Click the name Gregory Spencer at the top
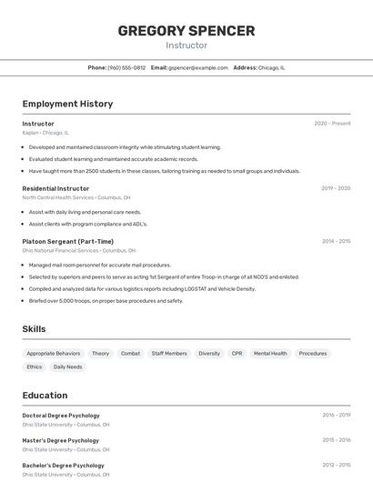click(186, 30)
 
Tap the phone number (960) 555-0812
click(126, 67)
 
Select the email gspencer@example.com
click(197, 67)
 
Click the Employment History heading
click(67, 104)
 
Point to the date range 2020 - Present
click(332, 124)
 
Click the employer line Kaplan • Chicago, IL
click(45, 133)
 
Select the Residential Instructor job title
click(55, 188)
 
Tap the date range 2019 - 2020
click(336, 188)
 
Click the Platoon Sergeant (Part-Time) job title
click(68, 241)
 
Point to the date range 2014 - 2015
click(336, 241)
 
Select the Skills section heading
click(34, 329)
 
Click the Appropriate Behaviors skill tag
click(54, 353)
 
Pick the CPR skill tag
click(237, 353)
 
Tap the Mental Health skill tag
click(270, 353)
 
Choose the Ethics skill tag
click(35, 367)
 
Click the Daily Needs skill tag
click(67, 367)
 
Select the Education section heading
click(45, 396)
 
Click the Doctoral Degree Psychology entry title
click(61, 415)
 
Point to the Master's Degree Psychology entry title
click(60, 440)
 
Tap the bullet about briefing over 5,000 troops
click(106, 300)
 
